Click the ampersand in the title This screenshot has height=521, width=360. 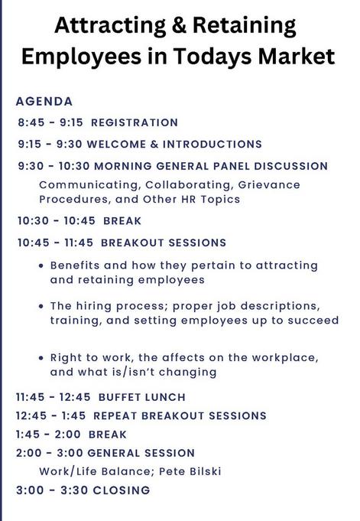click(180, 25)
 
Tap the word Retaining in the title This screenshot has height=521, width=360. click(244, 26)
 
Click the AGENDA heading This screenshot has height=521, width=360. click(44, 101)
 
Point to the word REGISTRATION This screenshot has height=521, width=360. click(135, 122)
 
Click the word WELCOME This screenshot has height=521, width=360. click(116, 144)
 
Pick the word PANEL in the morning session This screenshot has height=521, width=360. click(231, 166)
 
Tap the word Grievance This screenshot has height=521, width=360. click(269, 184)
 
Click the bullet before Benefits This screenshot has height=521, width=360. click(41, 265)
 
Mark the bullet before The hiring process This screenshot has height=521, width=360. click(41, 306)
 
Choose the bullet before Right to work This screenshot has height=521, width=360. click(41, 358)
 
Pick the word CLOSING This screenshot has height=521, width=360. click(122, 490)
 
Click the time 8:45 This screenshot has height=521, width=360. click(31, 122)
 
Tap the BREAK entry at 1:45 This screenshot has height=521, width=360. click(108, 435)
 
